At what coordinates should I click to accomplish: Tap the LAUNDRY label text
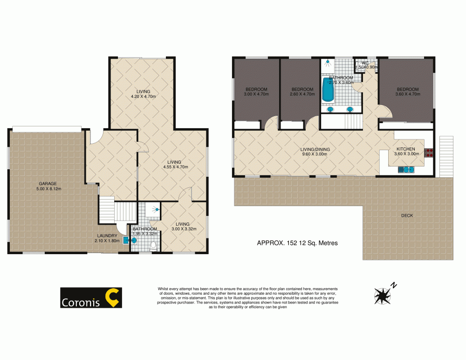(x=107, y=235)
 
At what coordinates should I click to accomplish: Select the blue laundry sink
(x=125, y=241)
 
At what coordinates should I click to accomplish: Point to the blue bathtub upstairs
(x=328, y=90)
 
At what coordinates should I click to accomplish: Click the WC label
(x=365, y=63)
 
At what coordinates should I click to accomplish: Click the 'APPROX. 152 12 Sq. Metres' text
(x=297, y=243)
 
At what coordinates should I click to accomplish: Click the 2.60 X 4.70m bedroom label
(x=302, y=94)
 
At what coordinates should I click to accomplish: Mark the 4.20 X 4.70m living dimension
(x=144, y=97)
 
